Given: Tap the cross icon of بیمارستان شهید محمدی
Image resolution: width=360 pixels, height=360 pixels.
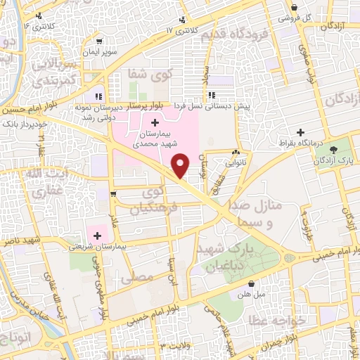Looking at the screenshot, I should pyautogui.click(x=155, y=124).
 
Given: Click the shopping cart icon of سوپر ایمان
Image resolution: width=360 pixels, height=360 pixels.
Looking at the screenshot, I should pyautogui.click(x=100, y=41).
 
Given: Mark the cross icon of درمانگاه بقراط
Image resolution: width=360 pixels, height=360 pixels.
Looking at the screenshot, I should pyautogui.click(x=301, y=131).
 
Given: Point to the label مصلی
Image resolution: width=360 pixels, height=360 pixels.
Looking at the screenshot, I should pyautogui.click(x=136, y=278).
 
